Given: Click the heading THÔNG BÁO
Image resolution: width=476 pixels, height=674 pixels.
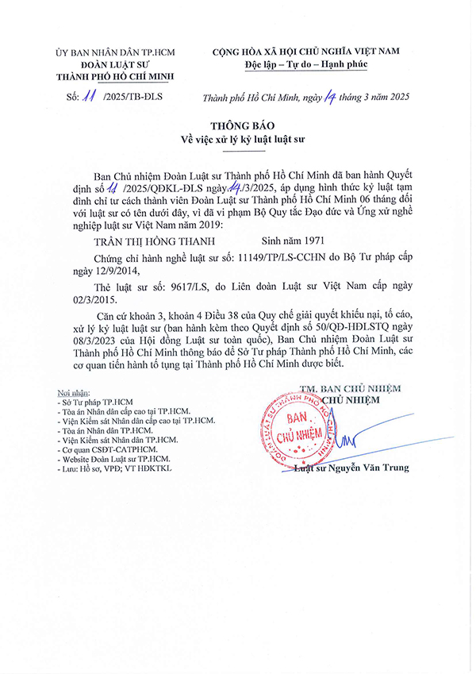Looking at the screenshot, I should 237,126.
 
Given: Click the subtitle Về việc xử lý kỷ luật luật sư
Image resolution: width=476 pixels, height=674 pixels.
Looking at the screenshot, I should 237,140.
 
